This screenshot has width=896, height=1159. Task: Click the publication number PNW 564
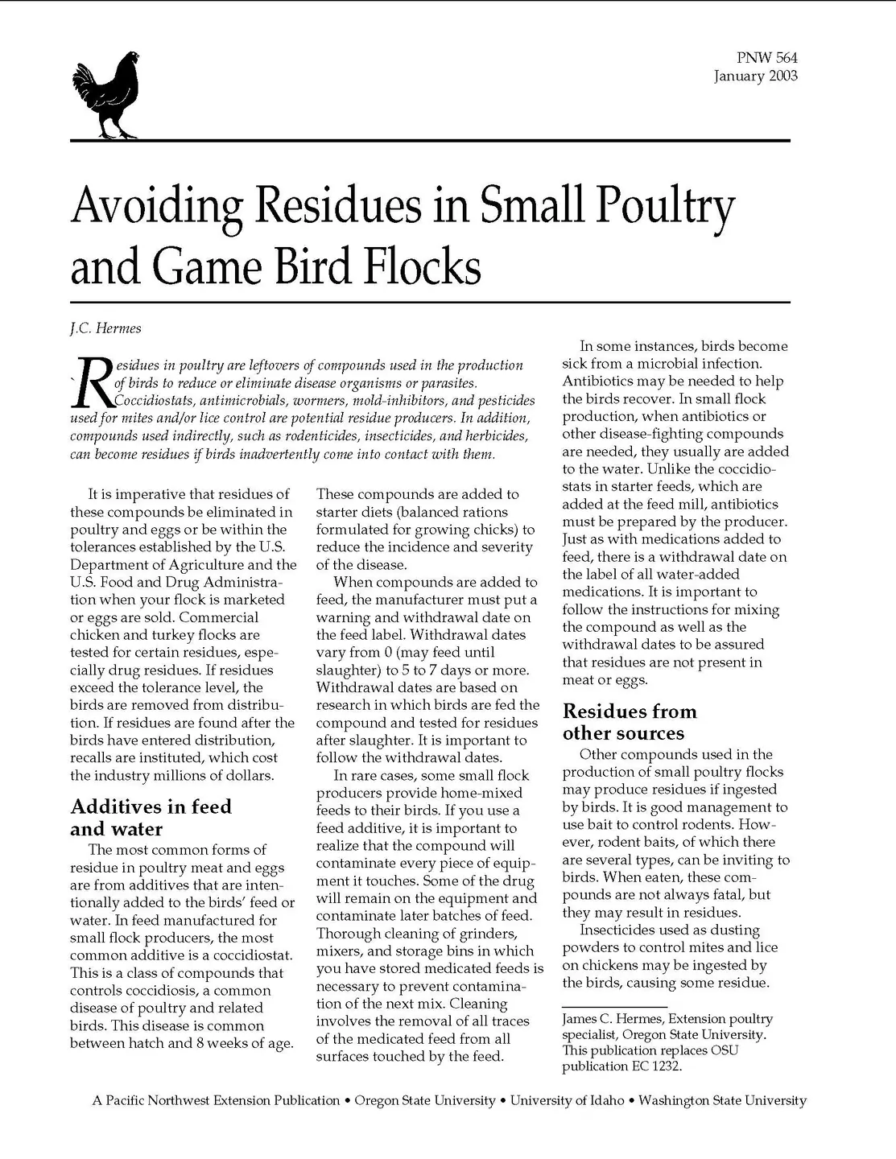pos(766,58)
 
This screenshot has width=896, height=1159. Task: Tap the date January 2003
pos(755,76)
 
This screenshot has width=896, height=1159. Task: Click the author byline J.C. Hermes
pos(105,328)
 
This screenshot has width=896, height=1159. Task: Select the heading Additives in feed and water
pos(151,818)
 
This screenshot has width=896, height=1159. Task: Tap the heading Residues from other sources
pos(630,722)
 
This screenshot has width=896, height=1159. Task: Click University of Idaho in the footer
pos(567,1100)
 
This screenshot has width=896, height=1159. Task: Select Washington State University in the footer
pos(722,1100)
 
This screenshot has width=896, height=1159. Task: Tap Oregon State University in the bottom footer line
pos(425,1100)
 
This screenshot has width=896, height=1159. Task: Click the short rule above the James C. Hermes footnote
pos(614,1007)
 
